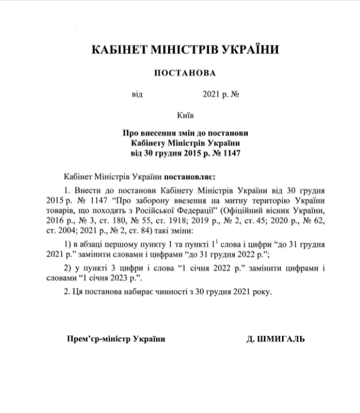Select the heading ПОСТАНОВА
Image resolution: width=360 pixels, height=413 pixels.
[185, 73]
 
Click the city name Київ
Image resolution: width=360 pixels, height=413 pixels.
[185, 115]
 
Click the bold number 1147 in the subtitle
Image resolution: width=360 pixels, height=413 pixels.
[231, 152]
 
